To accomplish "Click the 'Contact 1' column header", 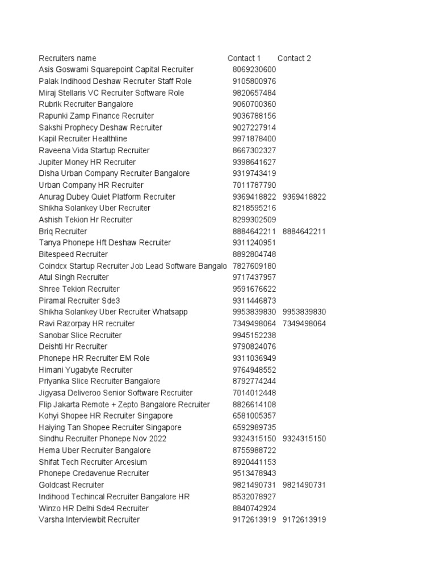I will (x=244, y=58).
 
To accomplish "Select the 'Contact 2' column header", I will (x=294, y=58).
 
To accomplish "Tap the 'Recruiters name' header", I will (x=68, y=58).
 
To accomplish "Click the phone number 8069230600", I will (x=254, y=70).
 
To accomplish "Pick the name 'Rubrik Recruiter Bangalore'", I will (x=86, y=104).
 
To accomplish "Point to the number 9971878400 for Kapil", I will (x=254, y=139).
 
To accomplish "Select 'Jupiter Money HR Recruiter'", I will (x=87, y=162).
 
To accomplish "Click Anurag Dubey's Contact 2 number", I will (x=304, y=197).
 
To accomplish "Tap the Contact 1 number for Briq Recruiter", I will (x=254, y=231).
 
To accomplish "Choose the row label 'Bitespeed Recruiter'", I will (x=73, y=254).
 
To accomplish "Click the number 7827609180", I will (x=254, y=266).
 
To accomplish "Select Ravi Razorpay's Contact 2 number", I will (x=304, y=323).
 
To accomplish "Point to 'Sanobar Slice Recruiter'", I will (x=80, y=335).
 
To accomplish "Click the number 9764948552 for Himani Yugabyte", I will (x=254, y=370).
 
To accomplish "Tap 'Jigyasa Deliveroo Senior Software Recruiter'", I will (x=115, y=393).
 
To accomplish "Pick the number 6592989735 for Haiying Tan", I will (x=254, y=427).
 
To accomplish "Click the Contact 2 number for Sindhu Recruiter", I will (x=304, y=439).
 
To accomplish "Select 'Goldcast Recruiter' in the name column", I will (x=72, y=485).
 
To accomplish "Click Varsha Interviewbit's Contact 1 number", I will (x=254, y=520).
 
